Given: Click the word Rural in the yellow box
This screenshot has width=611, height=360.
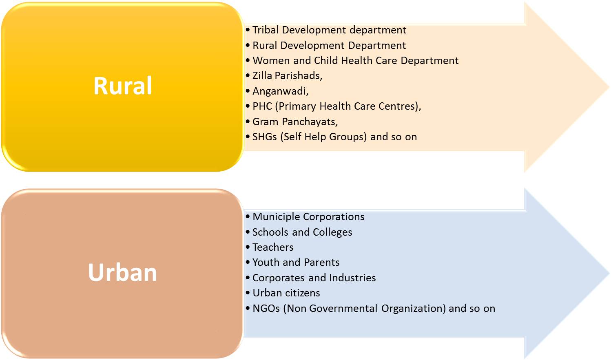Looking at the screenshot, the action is coord(122,86).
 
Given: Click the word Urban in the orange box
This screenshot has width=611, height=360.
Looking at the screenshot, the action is coord(122,272).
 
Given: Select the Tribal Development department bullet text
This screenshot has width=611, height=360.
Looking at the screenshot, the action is coord(329,30).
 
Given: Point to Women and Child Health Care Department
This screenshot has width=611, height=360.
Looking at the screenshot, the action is coord(355,61).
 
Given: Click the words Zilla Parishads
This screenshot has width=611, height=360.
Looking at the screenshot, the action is coord(287,76).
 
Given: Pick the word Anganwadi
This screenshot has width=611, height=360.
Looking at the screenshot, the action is coord(280,91).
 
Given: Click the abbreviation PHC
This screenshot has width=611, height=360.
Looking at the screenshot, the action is coord(262,106).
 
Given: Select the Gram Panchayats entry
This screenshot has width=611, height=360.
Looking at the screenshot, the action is coord(295,122).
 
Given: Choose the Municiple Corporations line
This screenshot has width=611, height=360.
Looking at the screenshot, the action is coord(308,217).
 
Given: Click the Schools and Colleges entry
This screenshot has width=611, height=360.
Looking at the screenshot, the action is coord(302,232).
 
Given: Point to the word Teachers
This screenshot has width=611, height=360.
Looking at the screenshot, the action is coord(273,247).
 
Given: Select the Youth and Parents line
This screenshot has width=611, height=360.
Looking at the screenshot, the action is coord(296,263).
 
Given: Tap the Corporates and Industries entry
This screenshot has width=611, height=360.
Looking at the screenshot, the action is coord(314,278).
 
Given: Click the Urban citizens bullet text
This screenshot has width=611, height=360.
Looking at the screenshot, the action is coord(286,293).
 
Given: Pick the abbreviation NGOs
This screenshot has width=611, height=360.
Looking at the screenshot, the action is coord(266,309).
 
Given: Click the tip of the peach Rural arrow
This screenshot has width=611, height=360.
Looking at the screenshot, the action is coord(609,87).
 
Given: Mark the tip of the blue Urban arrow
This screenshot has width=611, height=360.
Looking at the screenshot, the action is coord(609,273).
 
